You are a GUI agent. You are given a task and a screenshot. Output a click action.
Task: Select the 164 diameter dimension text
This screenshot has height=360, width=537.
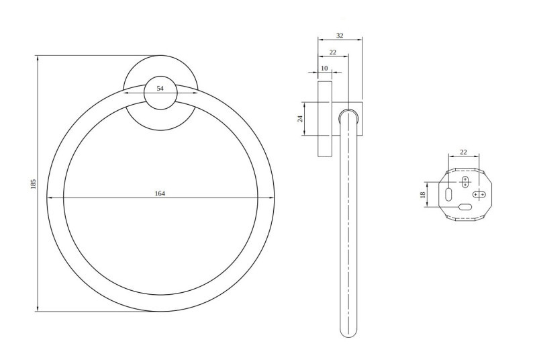tap(160, 193)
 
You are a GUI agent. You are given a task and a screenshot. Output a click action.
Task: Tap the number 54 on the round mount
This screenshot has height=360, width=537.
tap(160, 89)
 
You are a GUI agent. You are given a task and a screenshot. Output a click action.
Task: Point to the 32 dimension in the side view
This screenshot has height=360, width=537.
tap(340, 36)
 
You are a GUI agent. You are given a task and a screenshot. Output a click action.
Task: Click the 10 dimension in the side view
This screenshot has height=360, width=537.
tap(325, 69)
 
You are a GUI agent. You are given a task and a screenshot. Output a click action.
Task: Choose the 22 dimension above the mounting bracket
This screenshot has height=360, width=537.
tap(463, 152)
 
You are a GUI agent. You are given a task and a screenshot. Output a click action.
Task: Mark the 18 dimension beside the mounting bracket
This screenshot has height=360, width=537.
tap(422, 194)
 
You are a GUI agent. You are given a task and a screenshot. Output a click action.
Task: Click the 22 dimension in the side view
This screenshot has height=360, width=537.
tap(333, 52)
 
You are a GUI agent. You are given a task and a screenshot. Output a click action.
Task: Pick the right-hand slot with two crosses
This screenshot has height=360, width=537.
tap(479, 194)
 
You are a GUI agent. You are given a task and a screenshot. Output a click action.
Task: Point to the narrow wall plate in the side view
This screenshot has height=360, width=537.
tap(325, 120)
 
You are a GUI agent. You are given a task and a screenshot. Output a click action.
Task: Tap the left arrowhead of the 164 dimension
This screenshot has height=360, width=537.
tap(48, 197)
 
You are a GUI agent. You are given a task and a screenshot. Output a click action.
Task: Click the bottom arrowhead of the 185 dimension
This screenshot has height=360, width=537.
tap(37, 310)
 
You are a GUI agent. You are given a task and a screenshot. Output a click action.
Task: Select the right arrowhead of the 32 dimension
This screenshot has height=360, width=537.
tap(361, 40)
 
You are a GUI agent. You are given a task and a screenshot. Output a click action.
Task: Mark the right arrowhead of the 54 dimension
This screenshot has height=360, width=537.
tap(193, 93)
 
